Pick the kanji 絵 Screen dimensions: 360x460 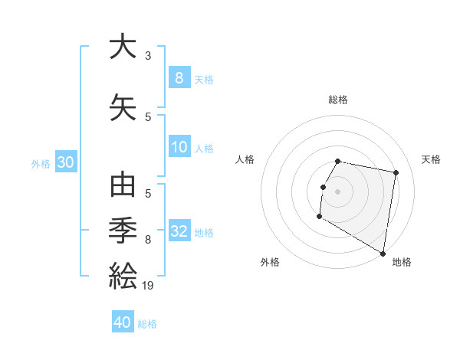point(123,273)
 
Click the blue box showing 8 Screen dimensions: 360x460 point(179,77)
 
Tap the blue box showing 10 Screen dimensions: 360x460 point(179,148)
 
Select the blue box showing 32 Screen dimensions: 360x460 point(179,232)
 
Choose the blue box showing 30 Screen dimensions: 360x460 point(65,162)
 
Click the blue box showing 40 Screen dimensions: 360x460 point(123,322)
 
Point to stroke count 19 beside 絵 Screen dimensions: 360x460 point(149,286)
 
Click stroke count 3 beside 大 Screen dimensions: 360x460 point(148,56)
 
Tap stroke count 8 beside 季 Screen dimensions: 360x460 point(148,240)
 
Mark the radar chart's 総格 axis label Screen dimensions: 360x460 point(338,100)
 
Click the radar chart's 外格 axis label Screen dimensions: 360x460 point(270,262)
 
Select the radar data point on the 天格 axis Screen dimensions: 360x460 point(396,173)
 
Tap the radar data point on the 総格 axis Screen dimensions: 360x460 point(338,161)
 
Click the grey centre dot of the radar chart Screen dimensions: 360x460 point(338,191)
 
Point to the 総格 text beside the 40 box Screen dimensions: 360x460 point(147,324)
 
